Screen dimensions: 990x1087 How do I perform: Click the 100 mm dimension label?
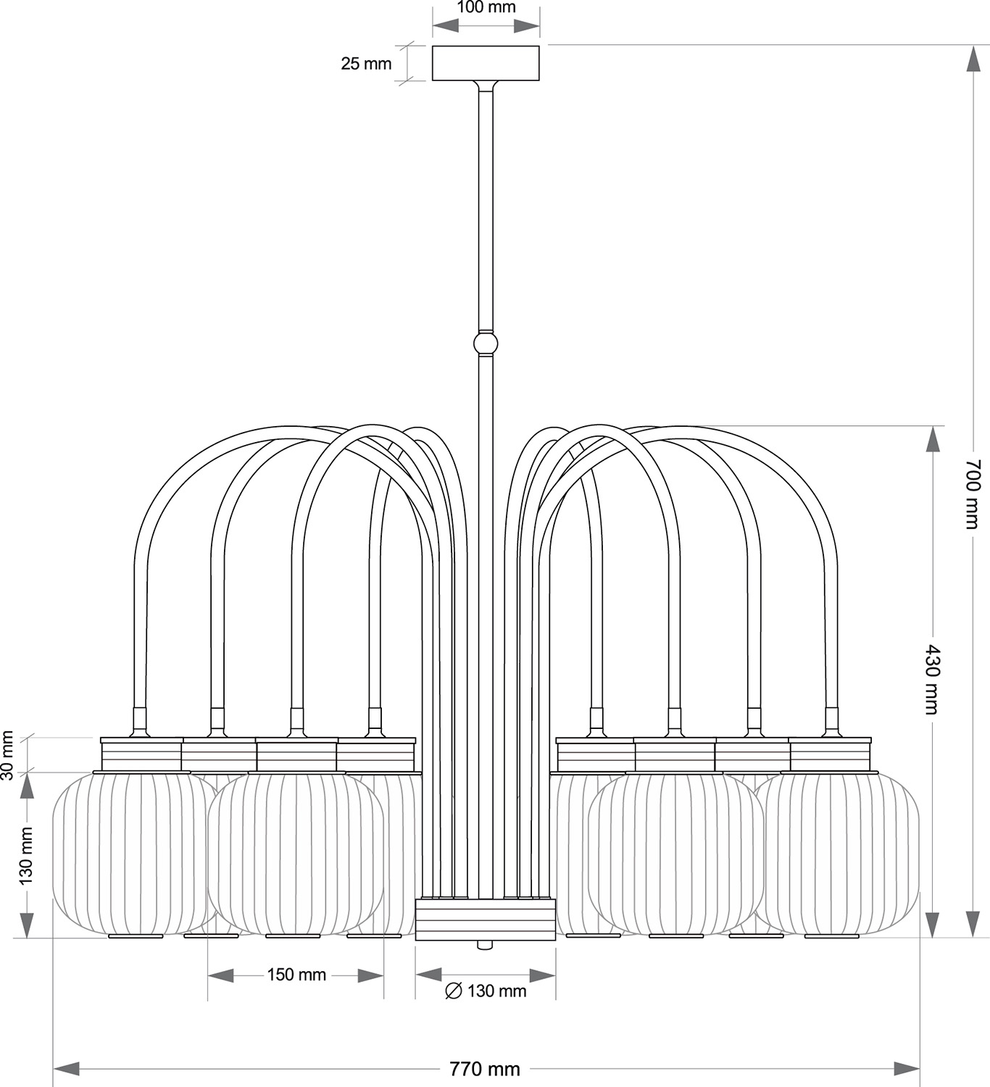[x=486, y=7]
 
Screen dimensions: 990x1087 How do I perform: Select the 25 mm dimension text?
[x=366, y=63]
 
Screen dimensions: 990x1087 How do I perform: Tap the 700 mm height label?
[x=973, y=493]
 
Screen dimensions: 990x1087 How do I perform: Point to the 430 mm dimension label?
[x=931, y=679]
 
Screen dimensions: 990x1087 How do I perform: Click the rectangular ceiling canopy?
[x=486, y=63]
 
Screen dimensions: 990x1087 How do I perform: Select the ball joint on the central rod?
[x=486, y=343]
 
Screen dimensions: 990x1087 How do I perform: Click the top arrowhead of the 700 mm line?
[x=974, y=59]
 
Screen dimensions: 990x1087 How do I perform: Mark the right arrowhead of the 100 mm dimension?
[x=527, y=25]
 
